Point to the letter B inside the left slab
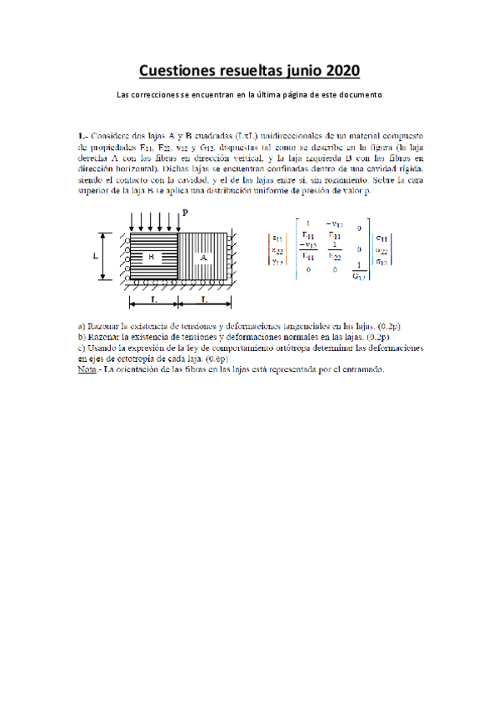tap(152, 258)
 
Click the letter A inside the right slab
tap(203, 258)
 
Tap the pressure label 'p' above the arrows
tap(185, 214)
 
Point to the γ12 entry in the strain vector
tap(276, 262)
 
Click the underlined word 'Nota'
tap(84, 369)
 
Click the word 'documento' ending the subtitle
tap(359, 94)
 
